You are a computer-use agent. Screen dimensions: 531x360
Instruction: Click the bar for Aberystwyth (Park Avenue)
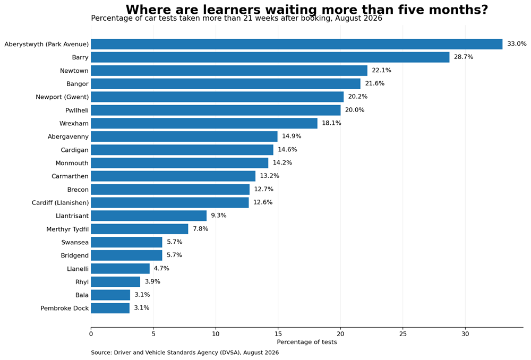point(297,44)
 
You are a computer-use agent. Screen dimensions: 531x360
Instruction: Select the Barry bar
point(270,57)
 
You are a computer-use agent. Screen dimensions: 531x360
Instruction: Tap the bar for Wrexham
point(204,123)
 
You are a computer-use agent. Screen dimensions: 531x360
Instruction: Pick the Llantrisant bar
point(149,216)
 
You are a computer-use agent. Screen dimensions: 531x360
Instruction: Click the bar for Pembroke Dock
point(110,308)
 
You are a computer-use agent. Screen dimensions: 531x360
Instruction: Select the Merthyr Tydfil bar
point(140,229)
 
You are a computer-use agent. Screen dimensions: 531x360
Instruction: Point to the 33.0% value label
point(517,44)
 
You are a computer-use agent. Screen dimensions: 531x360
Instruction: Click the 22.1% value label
point(381,70)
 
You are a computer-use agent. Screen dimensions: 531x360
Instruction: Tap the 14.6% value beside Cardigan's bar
point(287,149)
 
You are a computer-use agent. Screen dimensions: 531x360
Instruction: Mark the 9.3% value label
point(219,216)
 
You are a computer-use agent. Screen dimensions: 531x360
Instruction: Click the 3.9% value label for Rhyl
point(153,281)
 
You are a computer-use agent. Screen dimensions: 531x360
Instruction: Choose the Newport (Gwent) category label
point(62,97)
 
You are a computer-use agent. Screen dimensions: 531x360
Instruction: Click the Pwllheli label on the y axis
point(77,110)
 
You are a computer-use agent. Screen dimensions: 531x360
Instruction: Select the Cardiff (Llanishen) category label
point(61,203)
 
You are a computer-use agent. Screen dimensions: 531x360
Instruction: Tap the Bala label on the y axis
point(82,295)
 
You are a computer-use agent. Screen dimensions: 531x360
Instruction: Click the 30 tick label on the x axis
point(465,334)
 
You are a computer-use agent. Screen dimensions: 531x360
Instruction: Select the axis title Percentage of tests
point(307,342)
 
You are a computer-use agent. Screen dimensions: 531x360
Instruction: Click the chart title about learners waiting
point(307,10)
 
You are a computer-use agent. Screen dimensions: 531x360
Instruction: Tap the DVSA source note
point(185,353)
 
